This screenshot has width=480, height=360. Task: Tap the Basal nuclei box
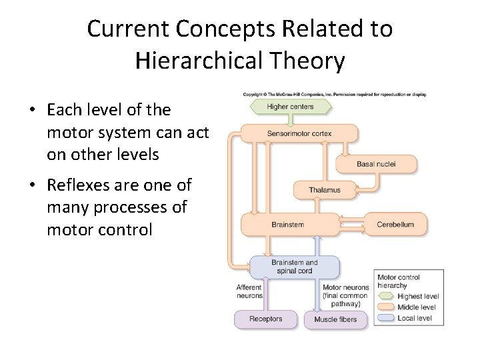coord(377,163)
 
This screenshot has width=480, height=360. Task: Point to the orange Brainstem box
coord(288,225)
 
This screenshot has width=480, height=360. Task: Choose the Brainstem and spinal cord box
coord(293,267)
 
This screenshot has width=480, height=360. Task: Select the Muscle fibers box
coord(335,319)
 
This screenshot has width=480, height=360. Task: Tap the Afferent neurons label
coord(249,291)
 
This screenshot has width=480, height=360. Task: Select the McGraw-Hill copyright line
coord(335,94)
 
